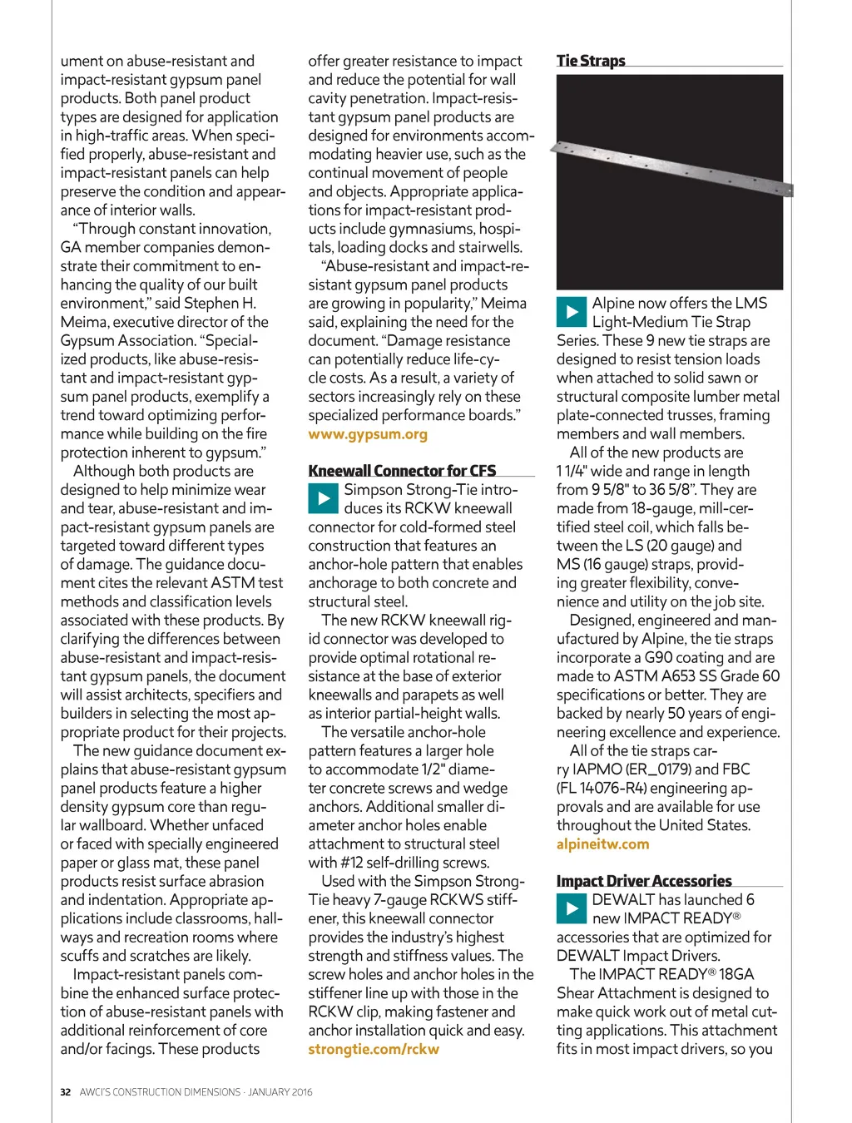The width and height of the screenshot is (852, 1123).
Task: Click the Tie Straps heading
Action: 591,61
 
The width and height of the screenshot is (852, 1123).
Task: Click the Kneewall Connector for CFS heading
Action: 402,471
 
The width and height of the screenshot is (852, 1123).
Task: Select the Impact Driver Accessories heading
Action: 644,881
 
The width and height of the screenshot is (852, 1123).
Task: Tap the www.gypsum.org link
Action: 368,434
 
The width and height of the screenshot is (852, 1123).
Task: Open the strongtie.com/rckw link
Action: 374,1049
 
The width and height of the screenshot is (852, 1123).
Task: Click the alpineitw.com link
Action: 602,844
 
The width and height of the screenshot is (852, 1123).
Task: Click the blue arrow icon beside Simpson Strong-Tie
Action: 322,498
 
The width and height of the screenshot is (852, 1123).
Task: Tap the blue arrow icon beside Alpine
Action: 571,312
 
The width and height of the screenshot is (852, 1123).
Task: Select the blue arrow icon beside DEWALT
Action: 571,908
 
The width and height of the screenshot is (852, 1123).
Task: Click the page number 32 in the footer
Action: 65,1092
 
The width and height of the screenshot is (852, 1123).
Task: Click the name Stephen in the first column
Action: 211,304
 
